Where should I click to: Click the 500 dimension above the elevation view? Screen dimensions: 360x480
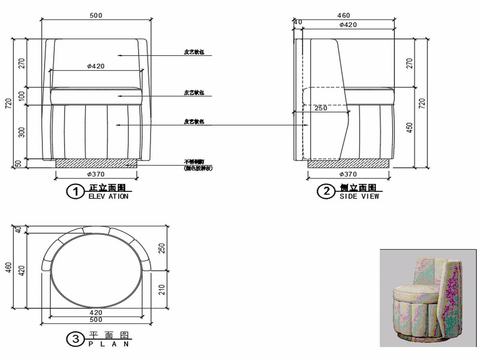95,16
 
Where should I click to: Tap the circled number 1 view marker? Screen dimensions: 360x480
72,190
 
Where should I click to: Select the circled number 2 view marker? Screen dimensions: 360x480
325,190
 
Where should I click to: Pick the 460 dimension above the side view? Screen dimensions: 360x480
344,16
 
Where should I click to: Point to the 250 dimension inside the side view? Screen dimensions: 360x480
320,108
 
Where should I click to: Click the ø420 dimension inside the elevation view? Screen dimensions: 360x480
97,67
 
